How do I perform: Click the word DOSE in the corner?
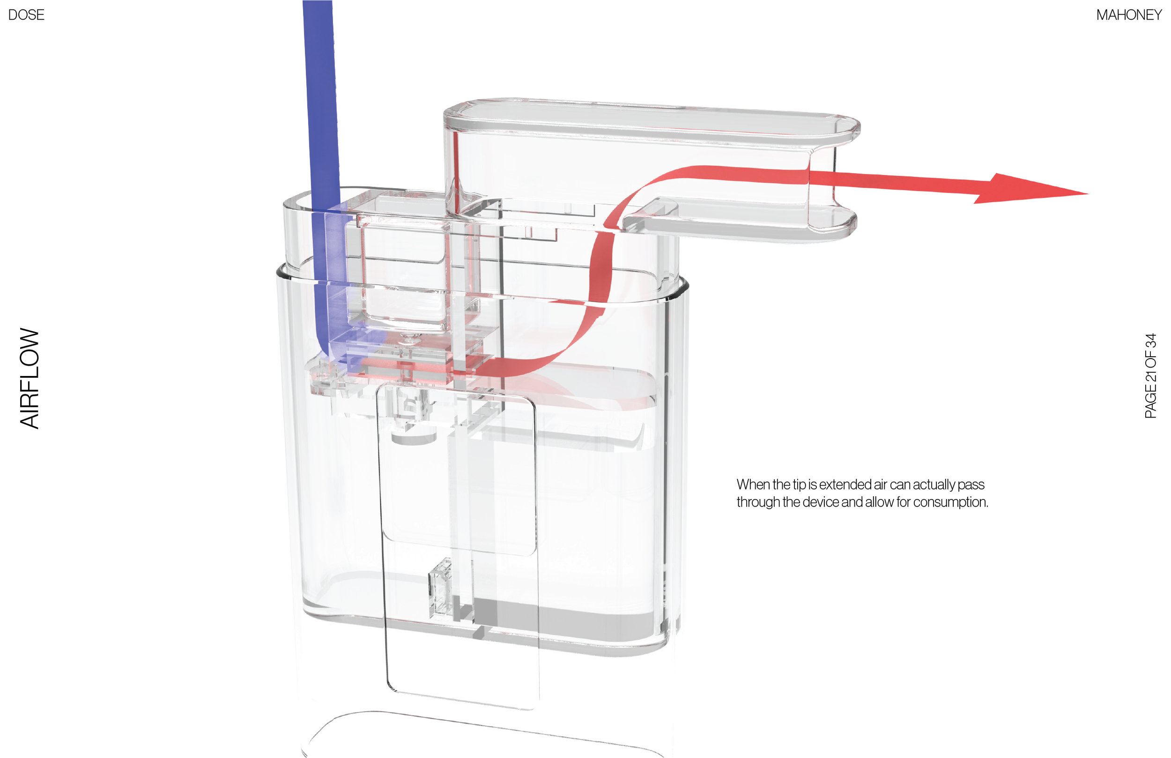[26, 15]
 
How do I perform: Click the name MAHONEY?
[1129, 15]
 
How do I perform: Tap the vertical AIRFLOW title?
[30, 378]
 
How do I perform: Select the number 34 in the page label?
[1151, 341]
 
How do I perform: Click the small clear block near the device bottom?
[441, 587]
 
